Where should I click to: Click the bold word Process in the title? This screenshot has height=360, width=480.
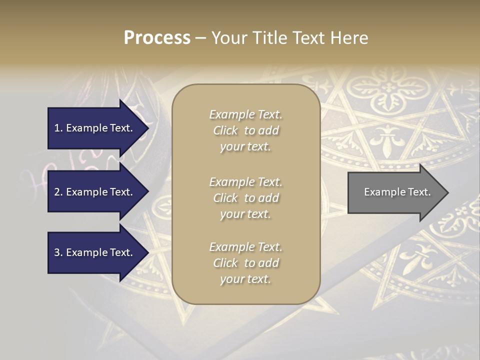(x=157, y=38)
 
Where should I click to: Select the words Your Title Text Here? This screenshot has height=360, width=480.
(x=290, y=38)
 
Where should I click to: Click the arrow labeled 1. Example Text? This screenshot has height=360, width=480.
(x=95, y=128)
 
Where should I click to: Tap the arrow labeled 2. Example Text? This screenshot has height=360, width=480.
(x=95, y=192)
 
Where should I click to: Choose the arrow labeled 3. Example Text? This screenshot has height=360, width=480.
(x=95, y=252)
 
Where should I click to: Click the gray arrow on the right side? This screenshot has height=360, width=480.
(x=395, y=192)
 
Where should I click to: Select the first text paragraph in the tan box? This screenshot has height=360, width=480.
(x=245, y=130)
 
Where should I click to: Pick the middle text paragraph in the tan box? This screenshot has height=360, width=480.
(x=245, y=198)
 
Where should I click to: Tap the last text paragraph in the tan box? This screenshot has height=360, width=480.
(x=245, y=263)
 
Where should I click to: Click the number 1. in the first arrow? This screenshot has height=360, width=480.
(x=58, y=128)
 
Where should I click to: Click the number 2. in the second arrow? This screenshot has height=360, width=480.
(x=58, y=192)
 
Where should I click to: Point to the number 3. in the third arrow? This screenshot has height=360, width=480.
(x=58, y=252)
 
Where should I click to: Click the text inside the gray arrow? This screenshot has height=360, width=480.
(x=397, y=192)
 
